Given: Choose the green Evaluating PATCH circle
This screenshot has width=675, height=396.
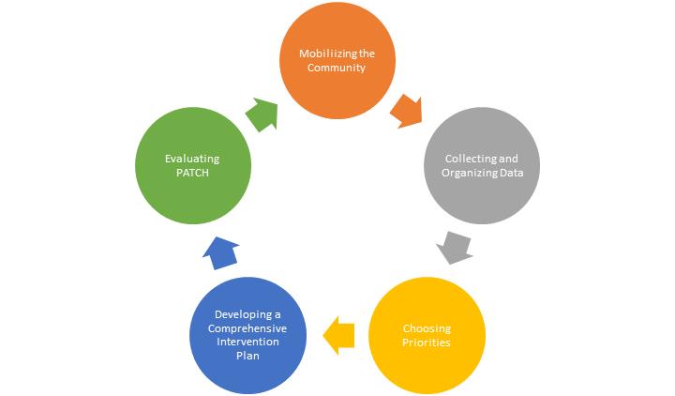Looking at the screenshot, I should tap(193, 167).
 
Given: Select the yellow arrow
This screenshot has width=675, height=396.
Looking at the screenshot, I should tap(339, 332).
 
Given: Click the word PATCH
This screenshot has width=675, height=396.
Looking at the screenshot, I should tap(193, 175).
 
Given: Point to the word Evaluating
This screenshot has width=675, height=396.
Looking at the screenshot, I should tap(193, 160).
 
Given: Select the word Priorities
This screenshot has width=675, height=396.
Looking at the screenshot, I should tap(427, 343).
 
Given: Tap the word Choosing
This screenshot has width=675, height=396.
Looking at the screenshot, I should tap(427, 328).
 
